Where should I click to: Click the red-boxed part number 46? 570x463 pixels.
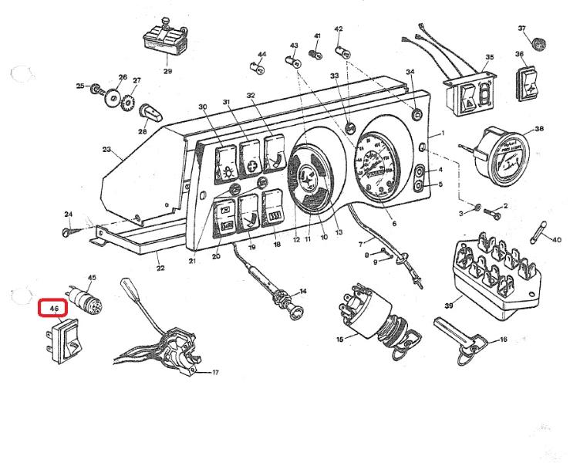pyautogui.click(x=54, y=309)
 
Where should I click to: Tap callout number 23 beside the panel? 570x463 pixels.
pyautogui.click(x=106, y=149)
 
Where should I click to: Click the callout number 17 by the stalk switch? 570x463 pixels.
pyautogui.click(x=215, y=373)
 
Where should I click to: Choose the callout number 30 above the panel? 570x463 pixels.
pyautogui.click(x=203, y=106)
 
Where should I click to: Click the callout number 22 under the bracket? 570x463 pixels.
pyautogui.click(x=160, y=268)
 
